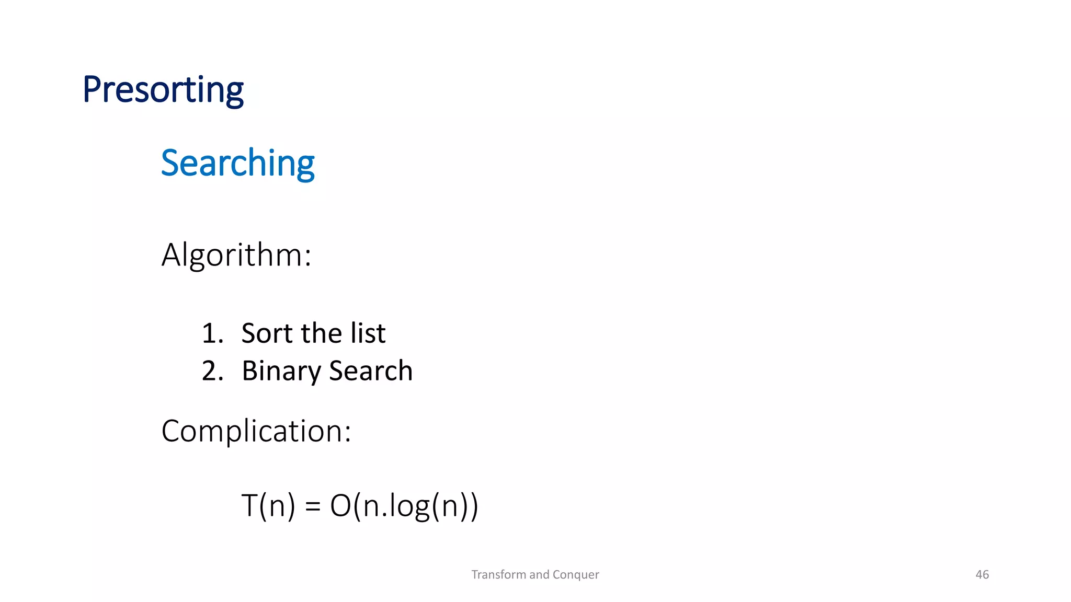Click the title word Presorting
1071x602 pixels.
click(x=163, y=90)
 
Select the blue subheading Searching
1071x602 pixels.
click(x=237, y=163)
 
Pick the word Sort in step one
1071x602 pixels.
click(x=266, y=333)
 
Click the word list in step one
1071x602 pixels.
click(x=368, y=333)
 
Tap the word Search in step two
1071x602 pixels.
click(x=371, y=371)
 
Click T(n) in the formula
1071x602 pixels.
click(x=268, y=506)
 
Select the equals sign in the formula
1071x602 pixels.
click(x=312, y=506)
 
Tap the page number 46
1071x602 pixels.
click(x=982, y=575)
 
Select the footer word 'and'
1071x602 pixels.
click(x=539, y=575)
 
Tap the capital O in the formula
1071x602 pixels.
click(x=340, y=506)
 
